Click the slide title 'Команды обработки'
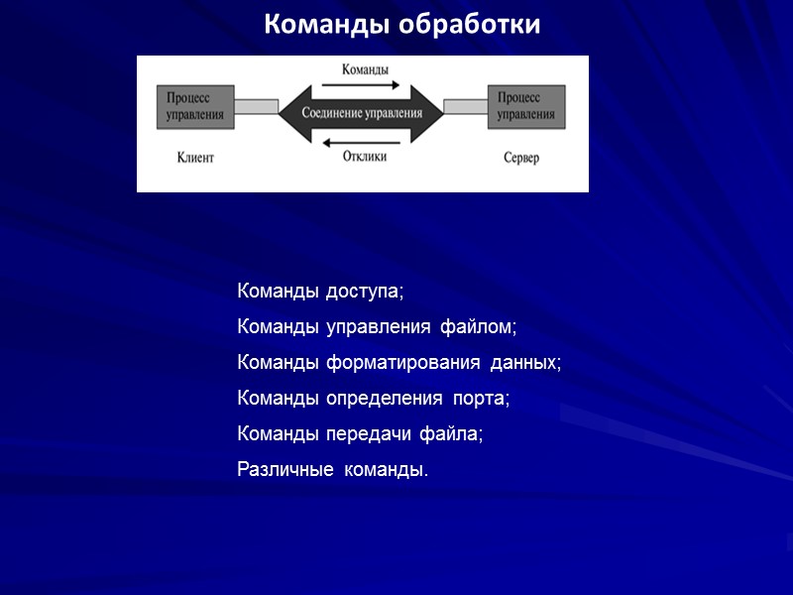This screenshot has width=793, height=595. click(402, 24)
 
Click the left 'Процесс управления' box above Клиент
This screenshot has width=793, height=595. click(194, 106)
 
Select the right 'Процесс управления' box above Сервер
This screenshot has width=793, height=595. click(526, 106)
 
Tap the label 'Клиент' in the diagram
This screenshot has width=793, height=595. click(195, 158)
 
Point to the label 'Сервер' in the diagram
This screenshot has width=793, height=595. click(521, 158)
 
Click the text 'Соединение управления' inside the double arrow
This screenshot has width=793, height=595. click(361, 113)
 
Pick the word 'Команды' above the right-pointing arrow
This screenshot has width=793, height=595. click(365, 69)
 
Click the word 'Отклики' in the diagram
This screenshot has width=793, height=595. click(365, 157)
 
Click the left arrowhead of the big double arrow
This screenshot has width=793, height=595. click(288, 112)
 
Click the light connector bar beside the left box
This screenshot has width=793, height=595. click(256, 106)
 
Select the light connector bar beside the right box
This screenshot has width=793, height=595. click(465, 106)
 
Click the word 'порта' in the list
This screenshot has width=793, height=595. click(481, 399)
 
